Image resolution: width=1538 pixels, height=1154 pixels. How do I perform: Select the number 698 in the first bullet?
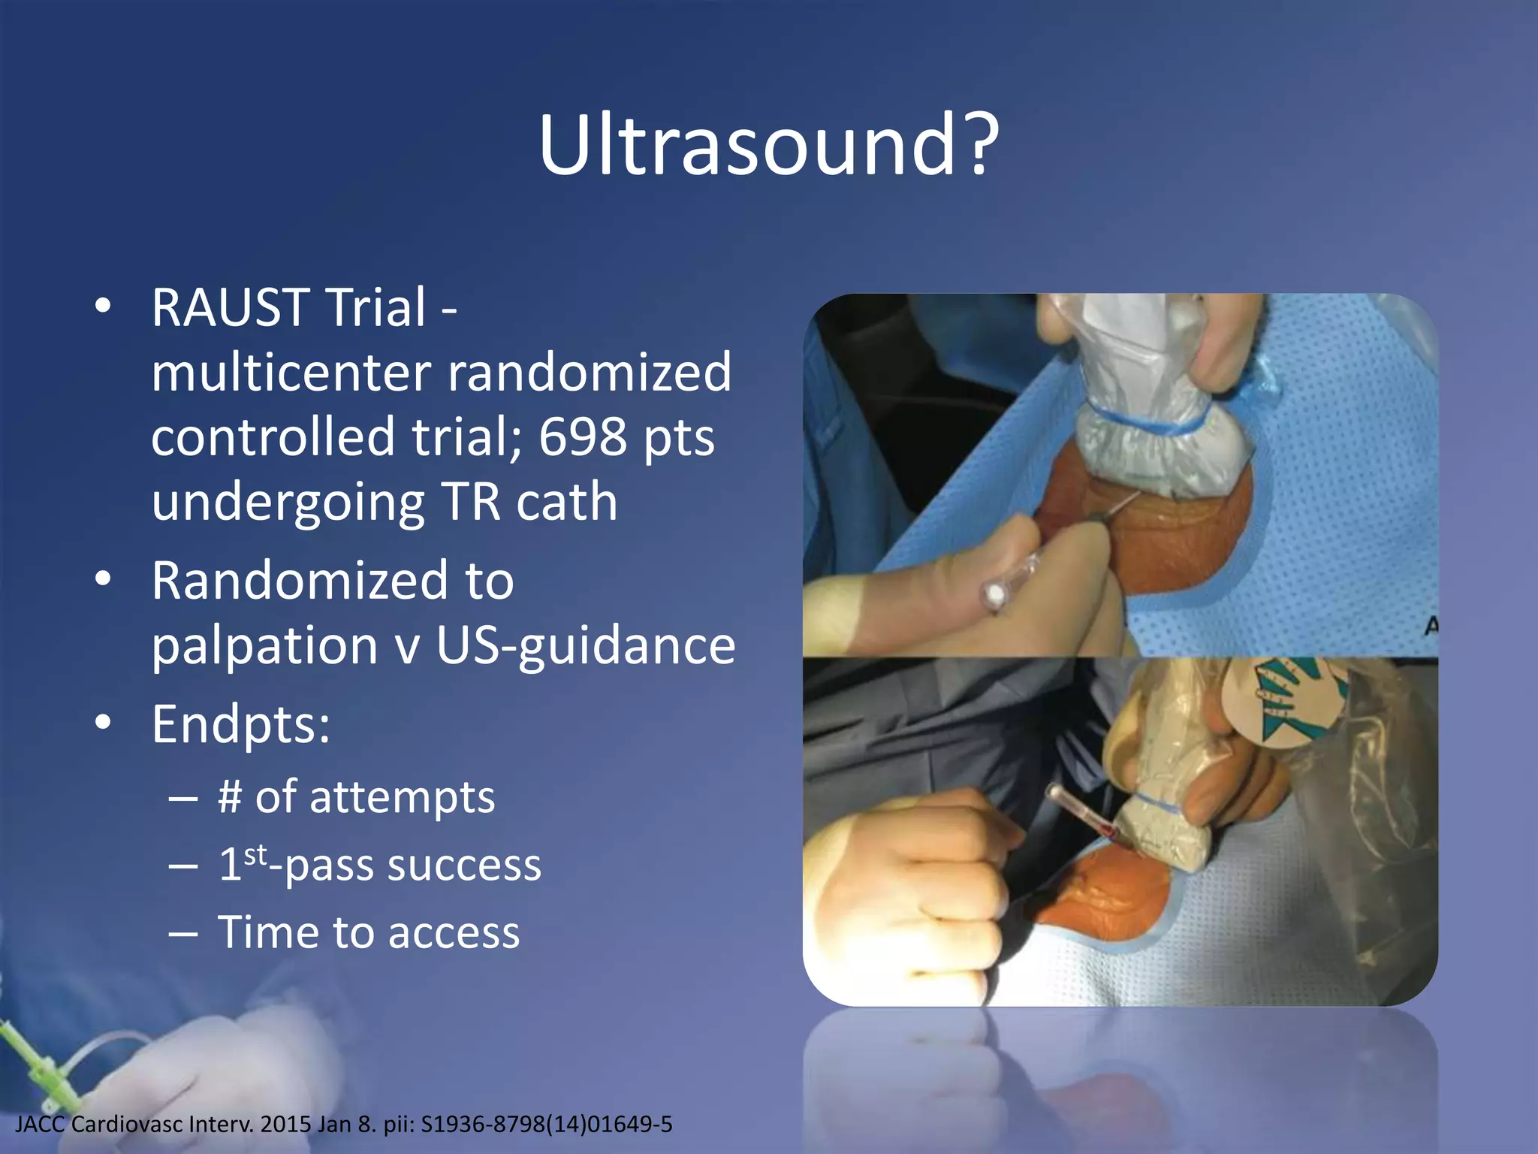click(582, 437)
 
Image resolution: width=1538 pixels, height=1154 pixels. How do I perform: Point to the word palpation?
click(264, 645)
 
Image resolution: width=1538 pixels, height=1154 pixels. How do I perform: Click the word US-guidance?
click(586, 645)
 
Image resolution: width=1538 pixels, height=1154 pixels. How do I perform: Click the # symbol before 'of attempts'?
click(229, 796)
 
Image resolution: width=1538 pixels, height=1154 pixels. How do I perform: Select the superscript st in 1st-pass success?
click(255, 854)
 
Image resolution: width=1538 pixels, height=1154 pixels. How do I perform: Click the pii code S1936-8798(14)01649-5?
click(547, 1125)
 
